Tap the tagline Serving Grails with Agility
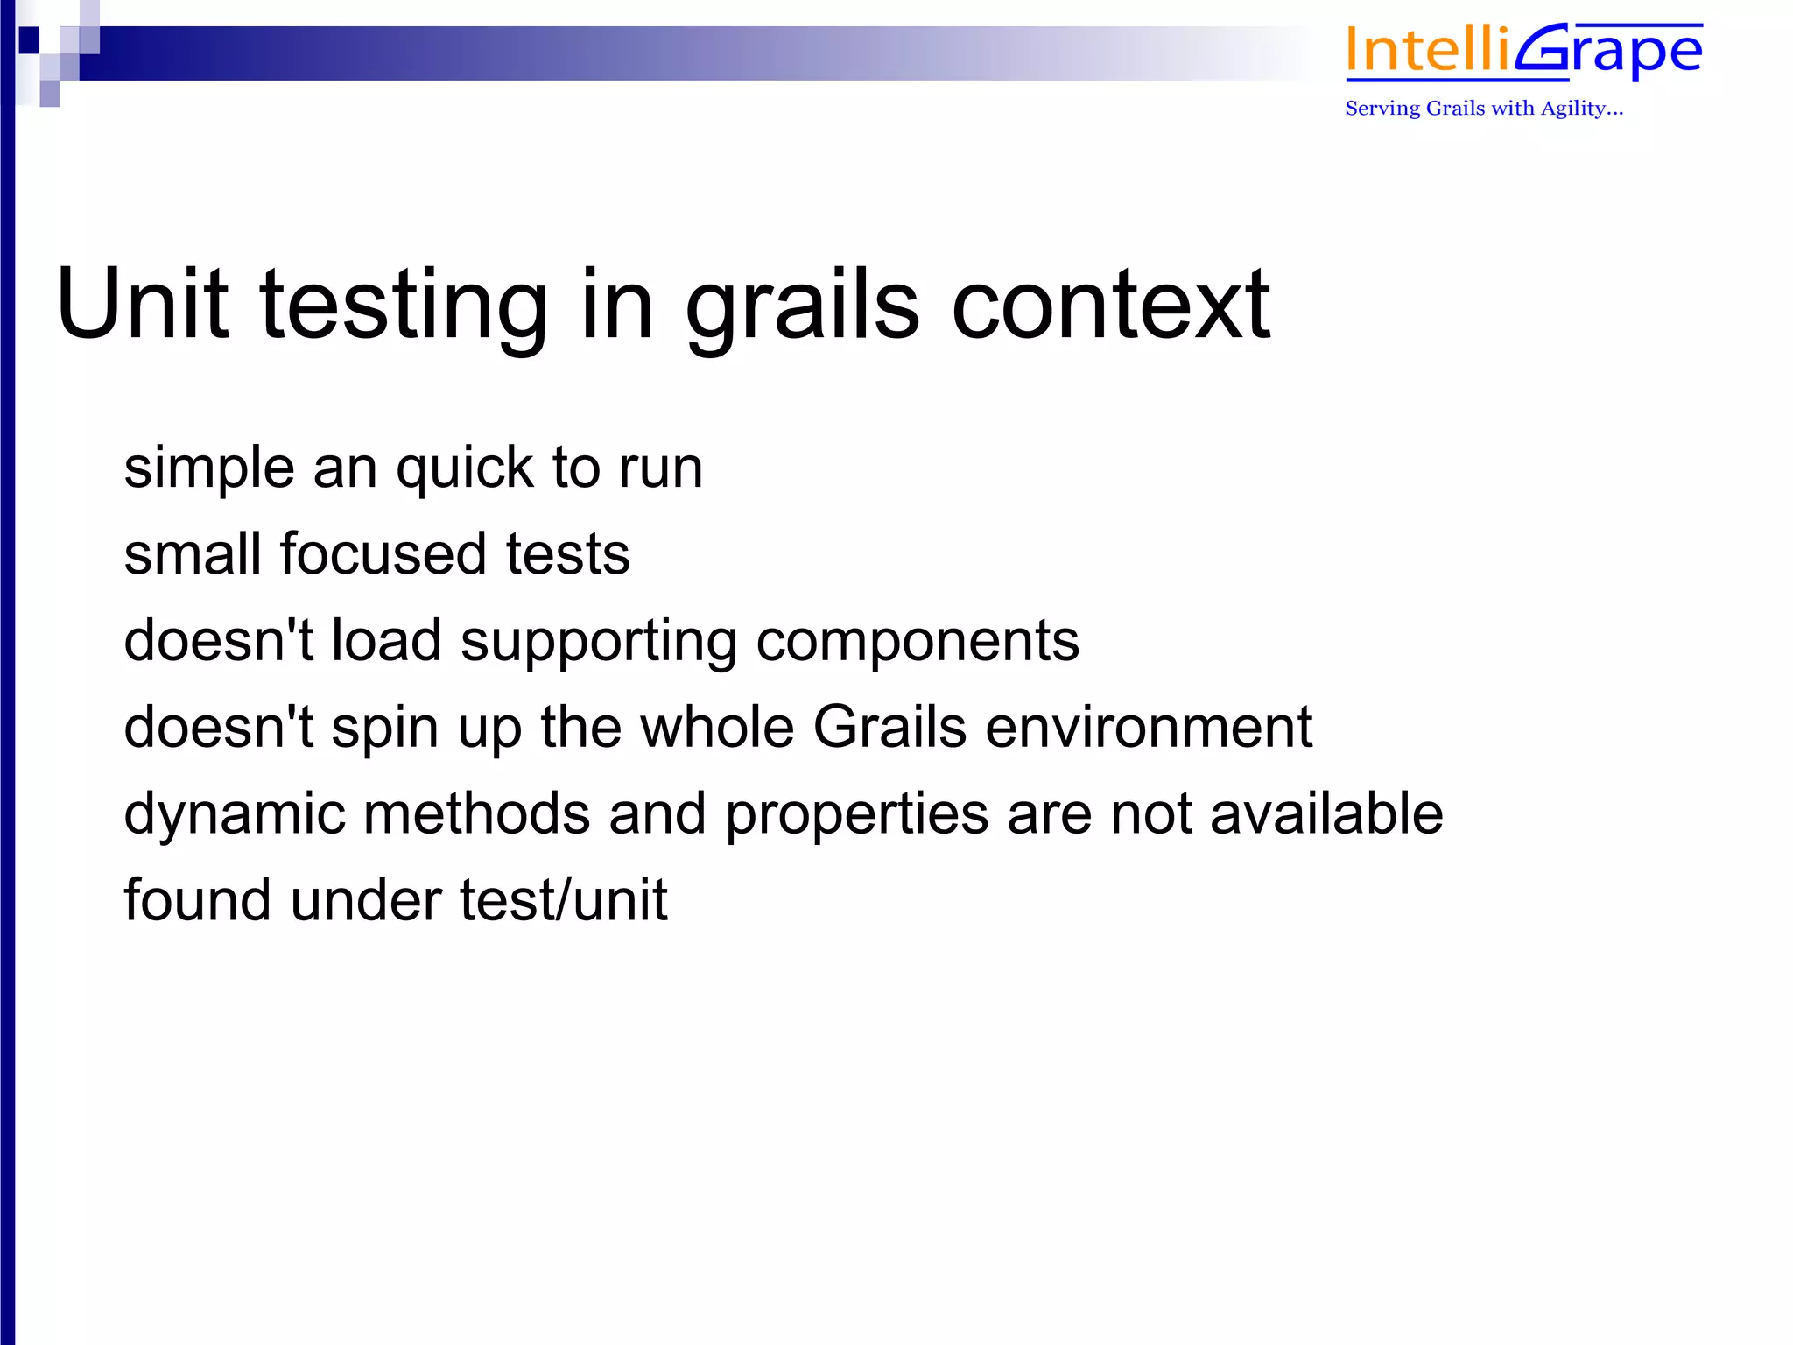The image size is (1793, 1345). [x=1483, y=109]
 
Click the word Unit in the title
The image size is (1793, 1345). [x=143, y=304]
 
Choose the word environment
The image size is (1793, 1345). [x=1148, y=728]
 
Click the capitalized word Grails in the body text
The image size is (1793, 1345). [x=889, y=728]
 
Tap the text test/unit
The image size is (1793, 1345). [x=563, y=901]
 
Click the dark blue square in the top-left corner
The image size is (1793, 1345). [x=29, y=39]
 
